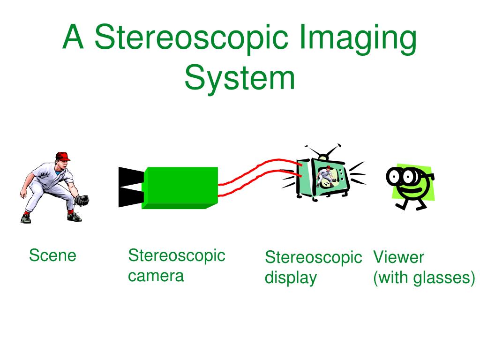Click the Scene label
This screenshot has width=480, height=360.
coord(52,256)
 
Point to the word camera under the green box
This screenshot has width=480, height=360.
coord(156,276)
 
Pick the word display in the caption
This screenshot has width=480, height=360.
coord(291,278)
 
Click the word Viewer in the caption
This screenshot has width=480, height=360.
coord(398,257)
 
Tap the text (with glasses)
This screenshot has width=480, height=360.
coord(424,278)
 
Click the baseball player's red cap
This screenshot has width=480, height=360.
coord(62,156)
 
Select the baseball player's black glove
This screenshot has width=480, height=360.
coord(82,200)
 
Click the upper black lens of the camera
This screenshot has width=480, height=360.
coord(129,176)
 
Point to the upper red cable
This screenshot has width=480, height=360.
coord(262,166)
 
